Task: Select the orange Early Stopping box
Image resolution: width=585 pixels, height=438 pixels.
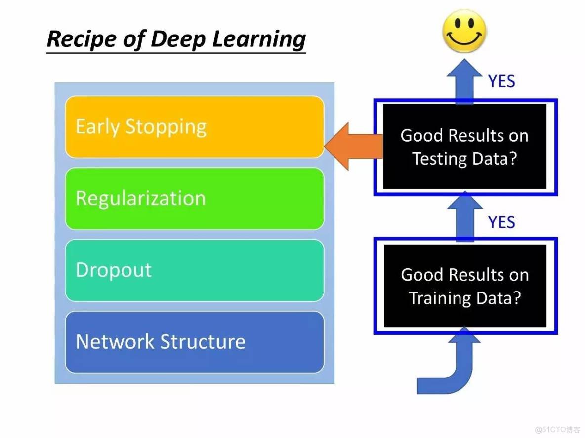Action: [195, 127]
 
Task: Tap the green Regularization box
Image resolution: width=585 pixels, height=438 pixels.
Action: [195, 199]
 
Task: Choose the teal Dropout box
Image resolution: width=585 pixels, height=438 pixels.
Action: [195, 270]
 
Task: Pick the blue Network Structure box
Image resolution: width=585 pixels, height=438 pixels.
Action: [195, 342]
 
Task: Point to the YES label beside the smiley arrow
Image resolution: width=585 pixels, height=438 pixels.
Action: [501, 81]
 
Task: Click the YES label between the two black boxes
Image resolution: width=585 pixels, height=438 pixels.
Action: [501, 222]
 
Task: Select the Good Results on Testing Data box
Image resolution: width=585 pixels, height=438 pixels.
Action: [464, 147]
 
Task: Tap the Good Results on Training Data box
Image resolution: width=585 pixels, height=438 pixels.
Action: [464, 286]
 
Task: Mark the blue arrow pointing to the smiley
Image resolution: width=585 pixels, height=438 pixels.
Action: [464, 81]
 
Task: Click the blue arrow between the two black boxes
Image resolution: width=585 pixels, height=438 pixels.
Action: [464, 217]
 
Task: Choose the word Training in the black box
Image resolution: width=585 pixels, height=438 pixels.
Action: [439, 298]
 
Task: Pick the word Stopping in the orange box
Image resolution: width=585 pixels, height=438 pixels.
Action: [166, 127]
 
